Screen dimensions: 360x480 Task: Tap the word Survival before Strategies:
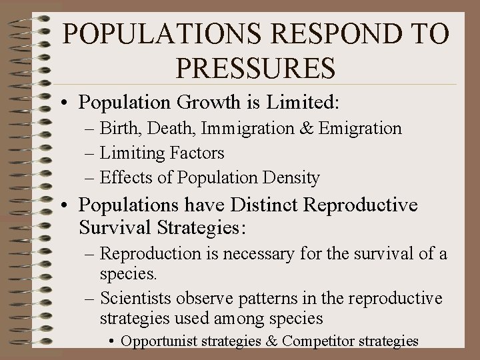(114, 228)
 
